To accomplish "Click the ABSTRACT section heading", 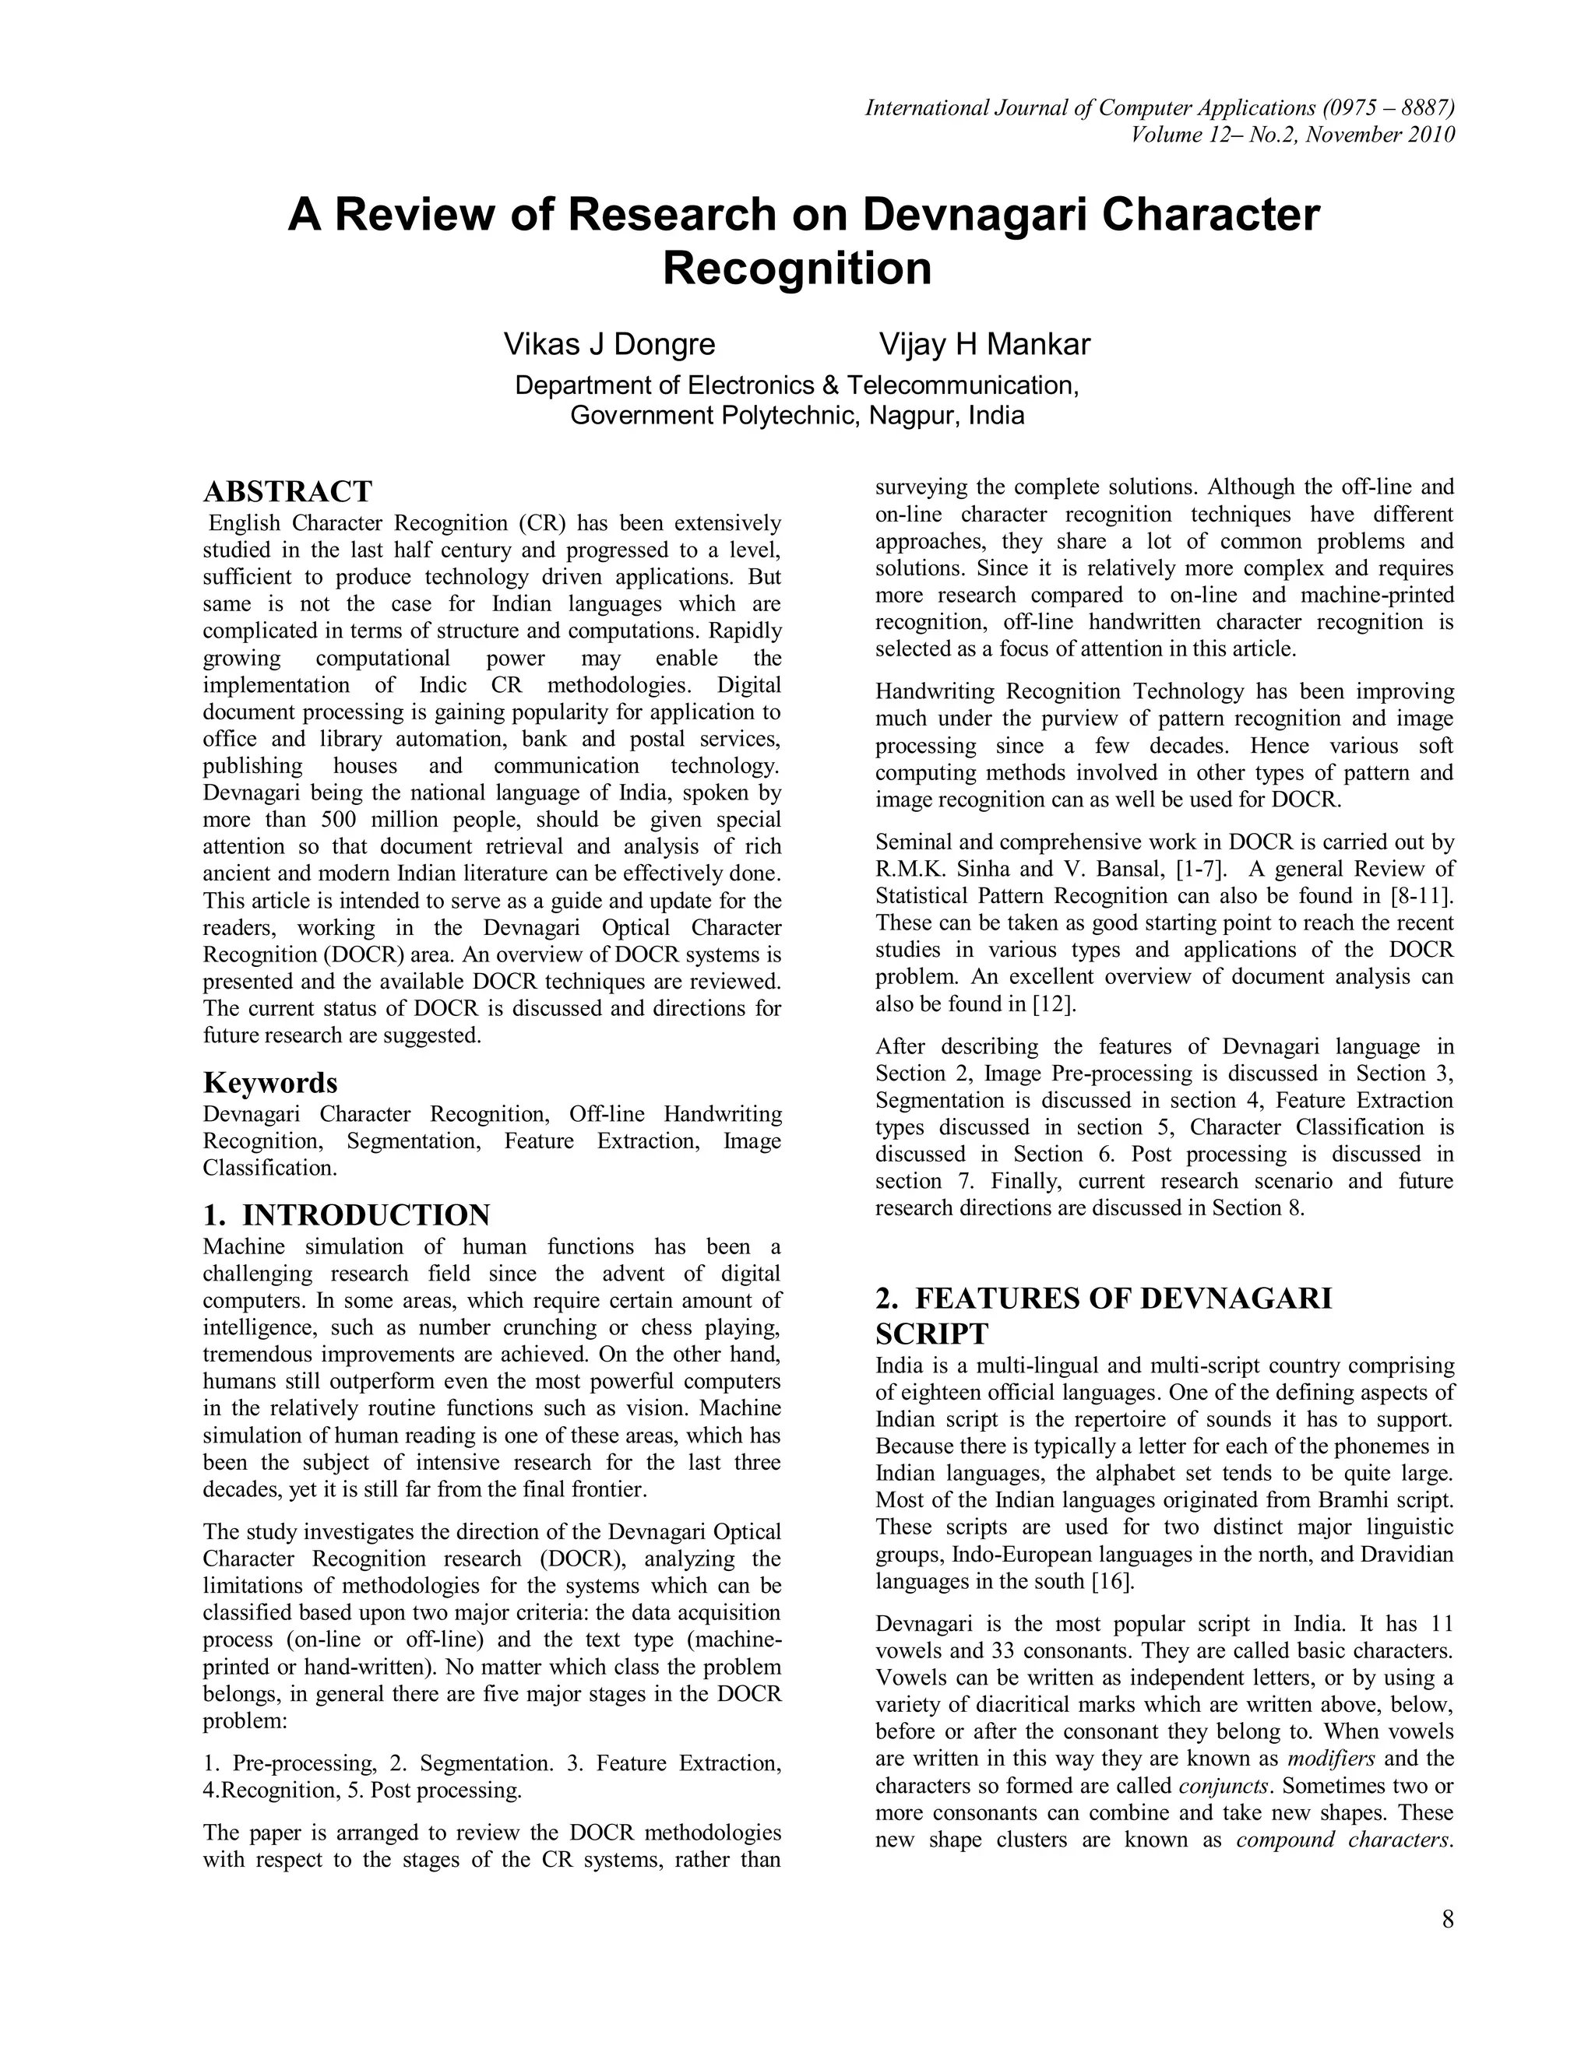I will [287, 492].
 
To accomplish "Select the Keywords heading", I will [270, 1081].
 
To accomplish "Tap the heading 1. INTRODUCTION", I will [347, 1214].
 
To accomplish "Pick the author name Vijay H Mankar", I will [984, 344].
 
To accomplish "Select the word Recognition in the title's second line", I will [797, 269].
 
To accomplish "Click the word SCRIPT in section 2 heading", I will [931, 1334].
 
